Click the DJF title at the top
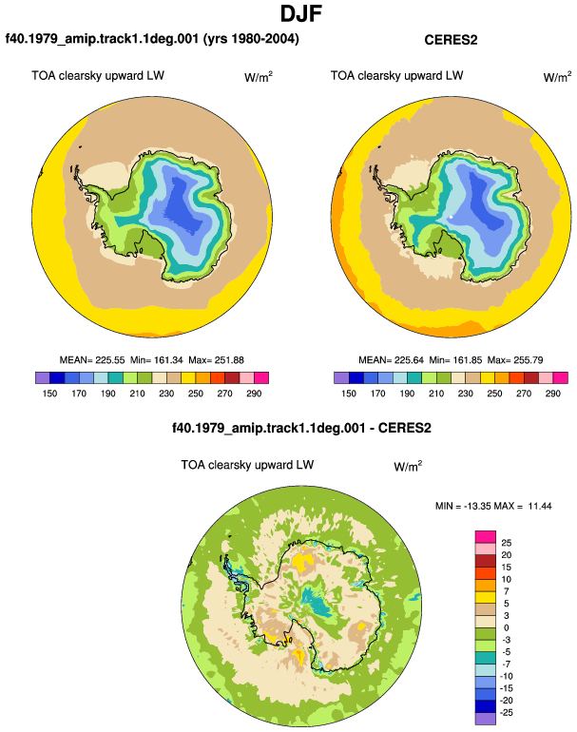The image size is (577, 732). (x=301, y=13)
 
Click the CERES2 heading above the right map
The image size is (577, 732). (x=451, y=40)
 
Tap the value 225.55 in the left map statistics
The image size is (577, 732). (x=110, y=360)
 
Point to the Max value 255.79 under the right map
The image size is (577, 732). (x=529, y=360)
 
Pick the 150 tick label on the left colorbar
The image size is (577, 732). (x=49, y=393)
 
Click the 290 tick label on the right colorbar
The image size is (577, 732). (x=552, y=393)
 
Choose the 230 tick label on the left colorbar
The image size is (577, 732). (x=166, y=393)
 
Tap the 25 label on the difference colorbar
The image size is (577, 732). (x=507, y=543)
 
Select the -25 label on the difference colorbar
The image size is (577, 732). (x=507, y=712)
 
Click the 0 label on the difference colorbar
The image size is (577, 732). (x=507, y=627)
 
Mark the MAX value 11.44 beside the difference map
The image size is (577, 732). (x=540, y=506)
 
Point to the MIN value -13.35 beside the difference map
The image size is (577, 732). (x=472, y=506)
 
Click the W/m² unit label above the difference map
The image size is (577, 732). (x=408, y=466)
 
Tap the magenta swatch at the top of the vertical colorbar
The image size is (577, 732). (x=486, y=537)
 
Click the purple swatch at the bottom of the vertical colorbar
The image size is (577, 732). (x=486, y=719)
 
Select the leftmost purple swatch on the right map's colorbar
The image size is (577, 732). (x=341, y=377)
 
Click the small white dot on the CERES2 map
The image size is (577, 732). (x=451, y=217)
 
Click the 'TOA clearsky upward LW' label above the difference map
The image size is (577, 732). (x=247, y=465)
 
